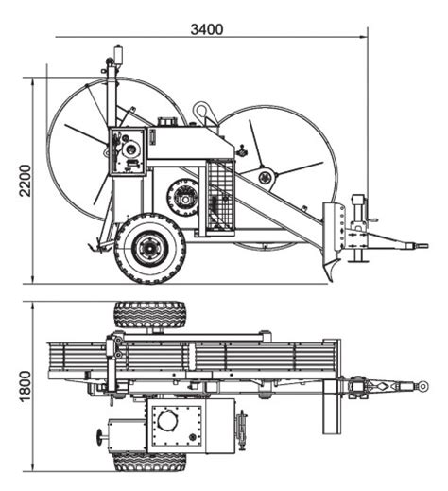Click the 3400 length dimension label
click(x=207, y=29)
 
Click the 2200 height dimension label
click(x=26, y=181)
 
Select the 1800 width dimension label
click(x=26, y=386)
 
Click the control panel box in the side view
click(x=128, y=150)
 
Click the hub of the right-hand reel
click(x=267, y=178)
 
